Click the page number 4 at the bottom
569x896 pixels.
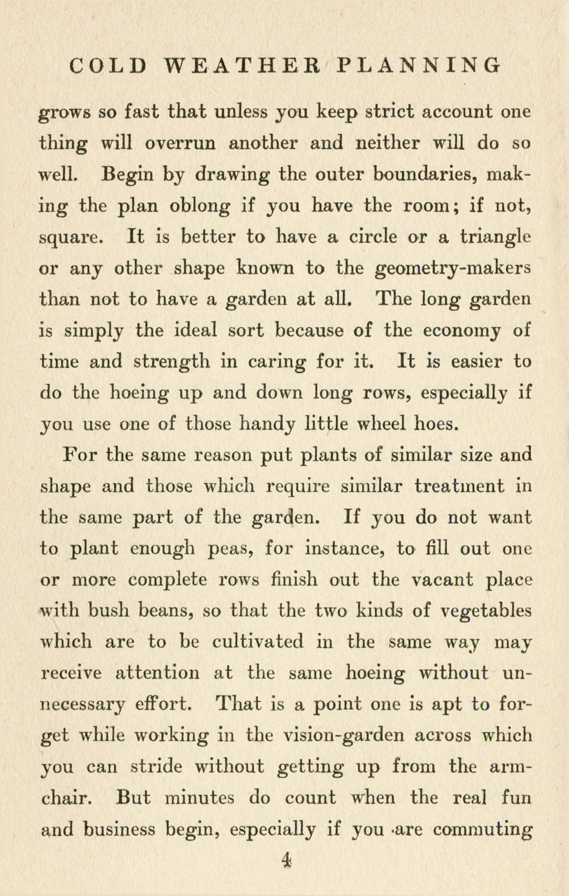(x=286, y=861)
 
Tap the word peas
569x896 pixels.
(x=231, y=548)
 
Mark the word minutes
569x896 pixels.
(x=200, y=798)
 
